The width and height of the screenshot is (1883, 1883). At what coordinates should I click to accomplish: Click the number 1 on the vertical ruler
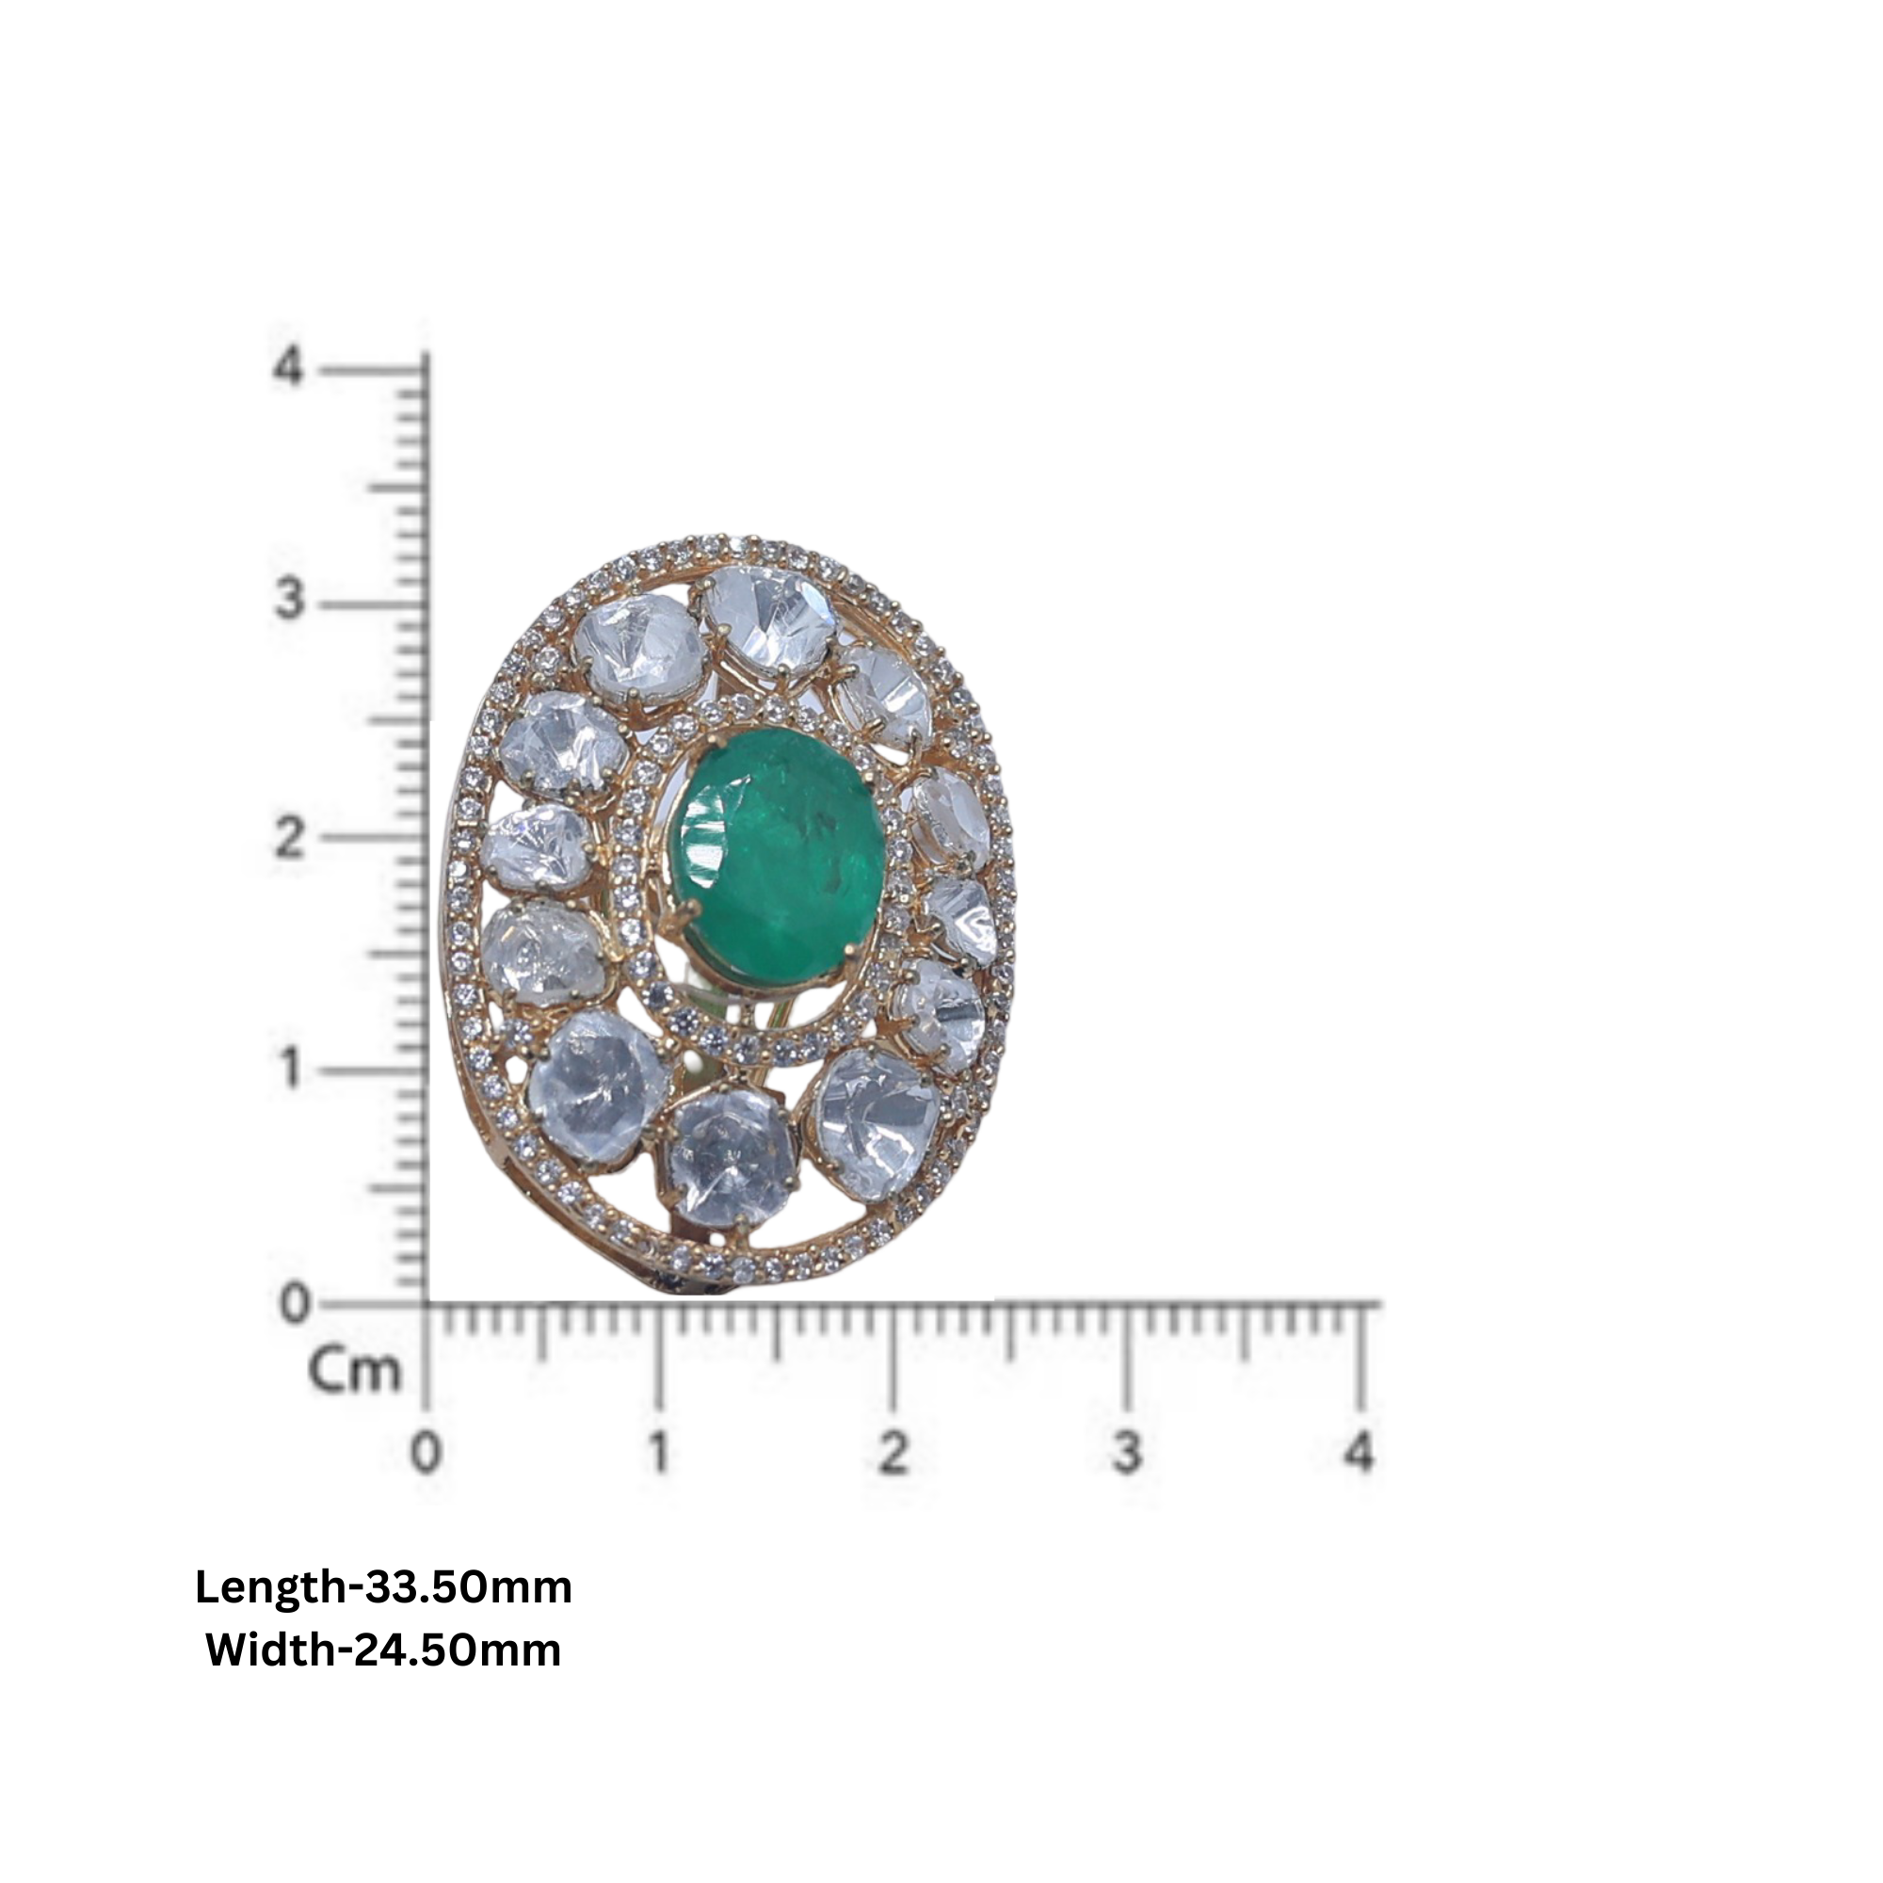coord(288,1069)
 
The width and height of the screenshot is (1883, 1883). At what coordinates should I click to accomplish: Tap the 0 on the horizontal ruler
coord(426,1453)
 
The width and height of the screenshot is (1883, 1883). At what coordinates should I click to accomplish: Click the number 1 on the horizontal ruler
coord(660,1453)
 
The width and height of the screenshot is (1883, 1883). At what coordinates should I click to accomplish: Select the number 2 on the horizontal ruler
coord(893,1453)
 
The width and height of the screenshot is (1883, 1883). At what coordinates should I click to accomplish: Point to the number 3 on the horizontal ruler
coord(1128,1453)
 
